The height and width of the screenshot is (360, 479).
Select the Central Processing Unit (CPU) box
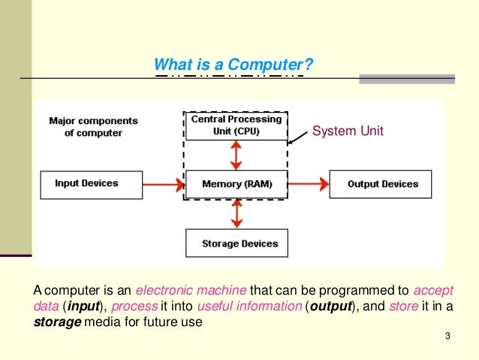(x=236, y=126)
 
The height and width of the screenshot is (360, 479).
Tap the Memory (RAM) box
(x=236, y=184)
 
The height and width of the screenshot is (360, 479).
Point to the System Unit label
(x=348, y=132)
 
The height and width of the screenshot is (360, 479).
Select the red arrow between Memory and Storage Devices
(x=237, y=213)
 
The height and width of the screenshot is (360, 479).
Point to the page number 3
(x=447, y=344)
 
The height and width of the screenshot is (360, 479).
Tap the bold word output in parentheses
(x=331, y=307)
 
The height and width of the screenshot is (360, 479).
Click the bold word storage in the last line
(x=57, y=323)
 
